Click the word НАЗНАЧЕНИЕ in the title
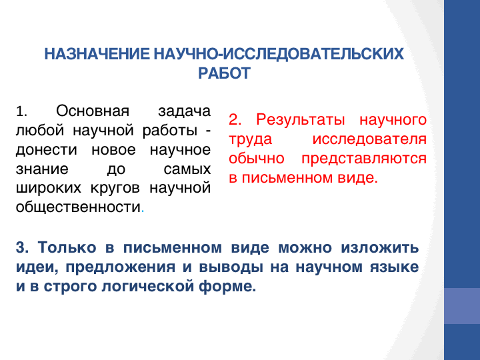(x=97, y=54)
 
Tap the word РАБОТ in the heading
(x=225, y=73)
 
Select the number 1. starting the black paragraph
(x=21, y=111)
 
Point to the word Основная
(x=93, y=111)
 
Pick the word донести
(x=46, y=150)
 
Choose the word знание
(x=42, y=169)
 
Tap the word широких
(x=49, y=188)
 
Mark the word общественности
(x=78, y=207)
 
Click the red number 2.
(x=235, y=119)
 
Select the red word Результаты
(x=300, y=120)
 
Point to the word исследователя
(x=369, y=139)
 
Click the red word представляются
(x=364, y=159)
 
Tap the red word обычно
(x=257, y=159)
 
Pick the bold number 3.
(x=22, y=247)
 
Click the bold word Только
(x=67, y=247)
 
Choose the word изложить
(x=380, y=247)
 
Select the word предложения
(x=120, y=267)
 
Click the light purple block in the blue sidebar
(x=462, y=306)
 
